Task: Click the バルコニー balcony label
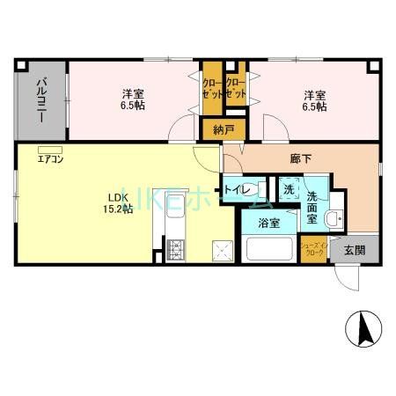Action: [x=41, y=101]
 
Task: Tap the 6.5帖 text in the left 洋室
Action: [x=134, y=106]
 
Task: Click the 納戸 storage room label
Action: [x=223, y=129]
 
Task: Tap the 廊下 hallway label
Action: [x=301, y=159]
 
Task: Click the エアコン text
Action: [x=49, y=159]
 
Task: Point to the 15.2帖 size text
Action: [x=121, y=209]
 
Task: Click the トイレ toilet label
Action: [x=238, y=190]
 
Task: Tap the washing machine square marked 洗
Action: [x=289, y=188]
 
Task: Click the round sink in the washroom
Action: [x=334, y=219]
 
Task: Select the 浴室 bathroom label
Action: [x=268, y=224]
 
